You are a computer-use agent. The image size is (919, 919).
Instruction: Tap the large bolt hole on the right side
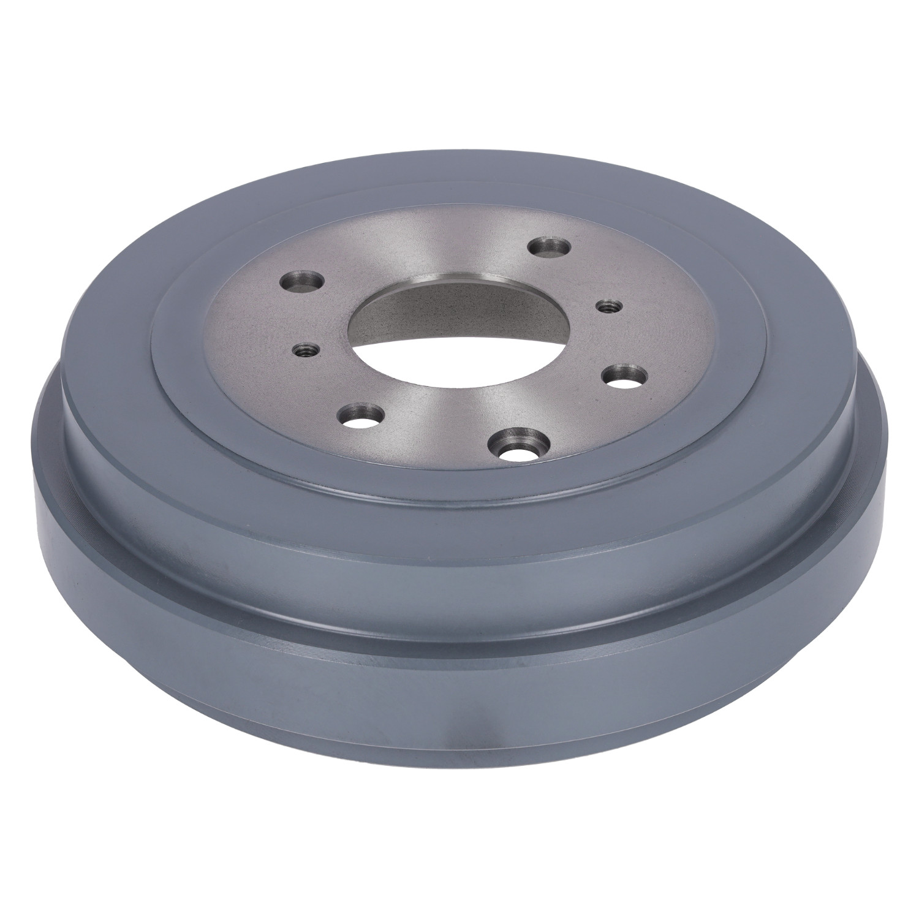[x=626, y=377]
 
